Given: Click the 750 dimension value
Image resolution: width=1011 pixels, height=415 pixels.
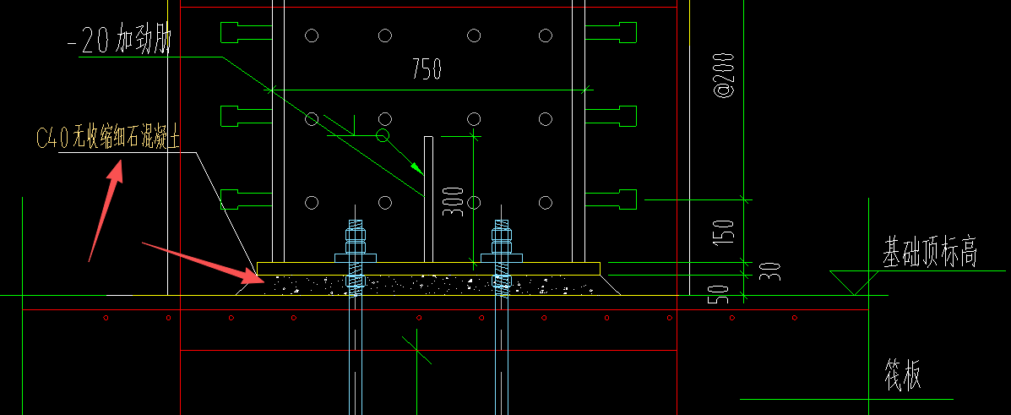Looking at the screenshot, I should (427, 69).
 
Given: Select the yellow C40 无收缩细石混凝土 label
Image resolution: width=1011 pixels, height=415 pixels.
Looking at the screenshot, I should (108, 139).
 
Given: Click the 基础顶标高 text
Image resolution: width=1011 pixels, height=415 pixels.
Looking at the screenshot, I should (930, 253).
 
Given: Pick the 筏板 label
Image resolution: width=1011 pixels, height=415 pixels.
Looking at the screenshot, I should (902, 373).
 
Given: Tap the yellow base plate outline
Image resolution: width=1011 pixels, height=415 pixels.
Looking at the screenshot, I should (428, 268).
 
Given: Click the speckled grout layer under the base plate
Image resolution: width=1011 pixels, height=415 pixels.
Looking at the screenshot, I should (428, 285).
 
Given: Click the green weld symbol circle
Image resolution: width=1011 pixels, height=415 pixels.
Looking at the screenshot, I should (383, 134).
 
